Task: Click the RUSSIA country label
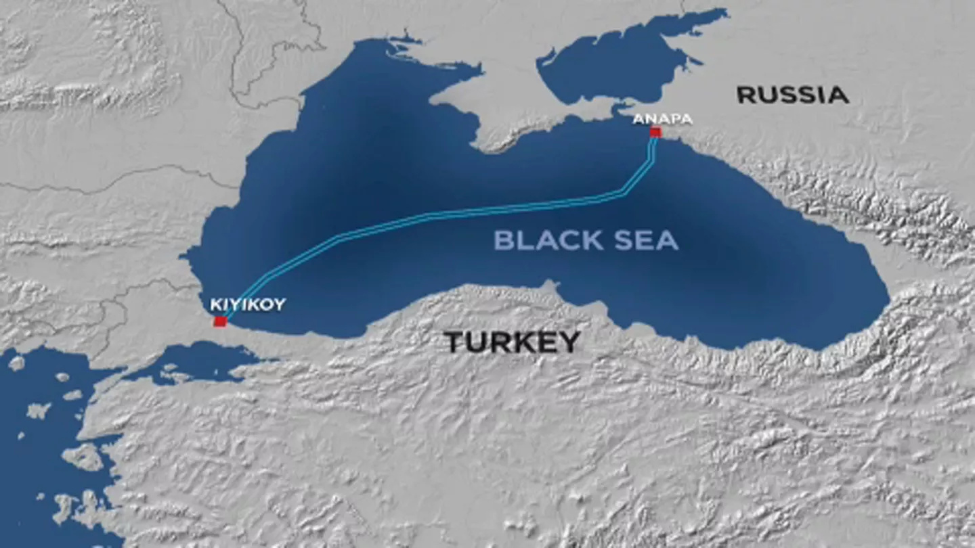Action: click(792, 95)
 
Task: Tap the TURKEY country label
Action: click(512, 342)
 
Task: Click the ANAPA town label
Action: click(662, 119)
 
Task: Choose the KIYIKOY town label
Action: click(247, 304)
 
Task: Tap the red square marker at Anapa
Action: click(655, 133)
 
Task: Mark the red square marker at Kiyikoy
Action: click(219, 321)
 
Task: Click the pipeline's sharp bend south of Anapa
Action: click(624, 193)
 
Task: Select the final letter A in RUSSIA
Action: click(838, 95)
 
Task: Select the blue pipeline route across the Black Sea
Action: click(433, 216)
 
